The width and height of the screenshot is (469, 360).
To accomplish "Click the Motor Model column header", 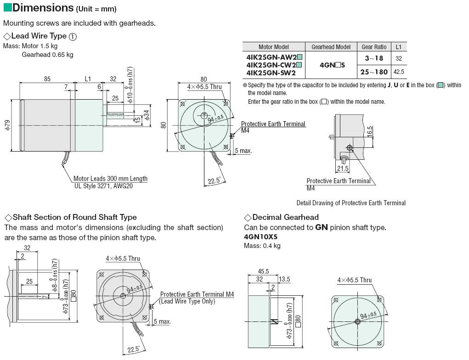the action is coord(273,47).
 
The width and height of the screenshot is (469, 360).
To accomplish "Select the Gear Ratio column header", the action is coord(374,47).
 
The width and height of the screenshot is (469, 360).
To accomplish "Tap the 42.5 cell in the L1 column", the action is coord(399,72).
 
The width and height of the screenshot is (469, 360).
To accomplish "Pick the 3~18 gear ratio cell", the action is coord(374,58).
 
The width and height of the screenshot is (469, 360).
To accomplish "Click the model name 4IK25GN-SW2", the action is coord(271,73).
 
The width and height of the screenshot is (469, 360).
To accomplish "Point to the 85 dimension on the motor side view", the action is coord(47,79).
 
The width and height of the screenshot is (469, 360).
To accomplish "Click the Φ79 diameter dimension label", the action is coord(7,125).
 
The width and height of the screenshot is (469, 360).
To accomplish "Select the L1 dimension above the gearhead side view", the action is coord(88,79).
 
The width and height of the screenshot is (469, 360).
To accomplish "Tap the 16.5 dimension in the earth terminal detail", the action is coord(370,132).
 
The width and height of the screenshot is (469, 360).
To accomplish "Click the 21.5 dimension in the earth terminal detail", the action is coord(343,169).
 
